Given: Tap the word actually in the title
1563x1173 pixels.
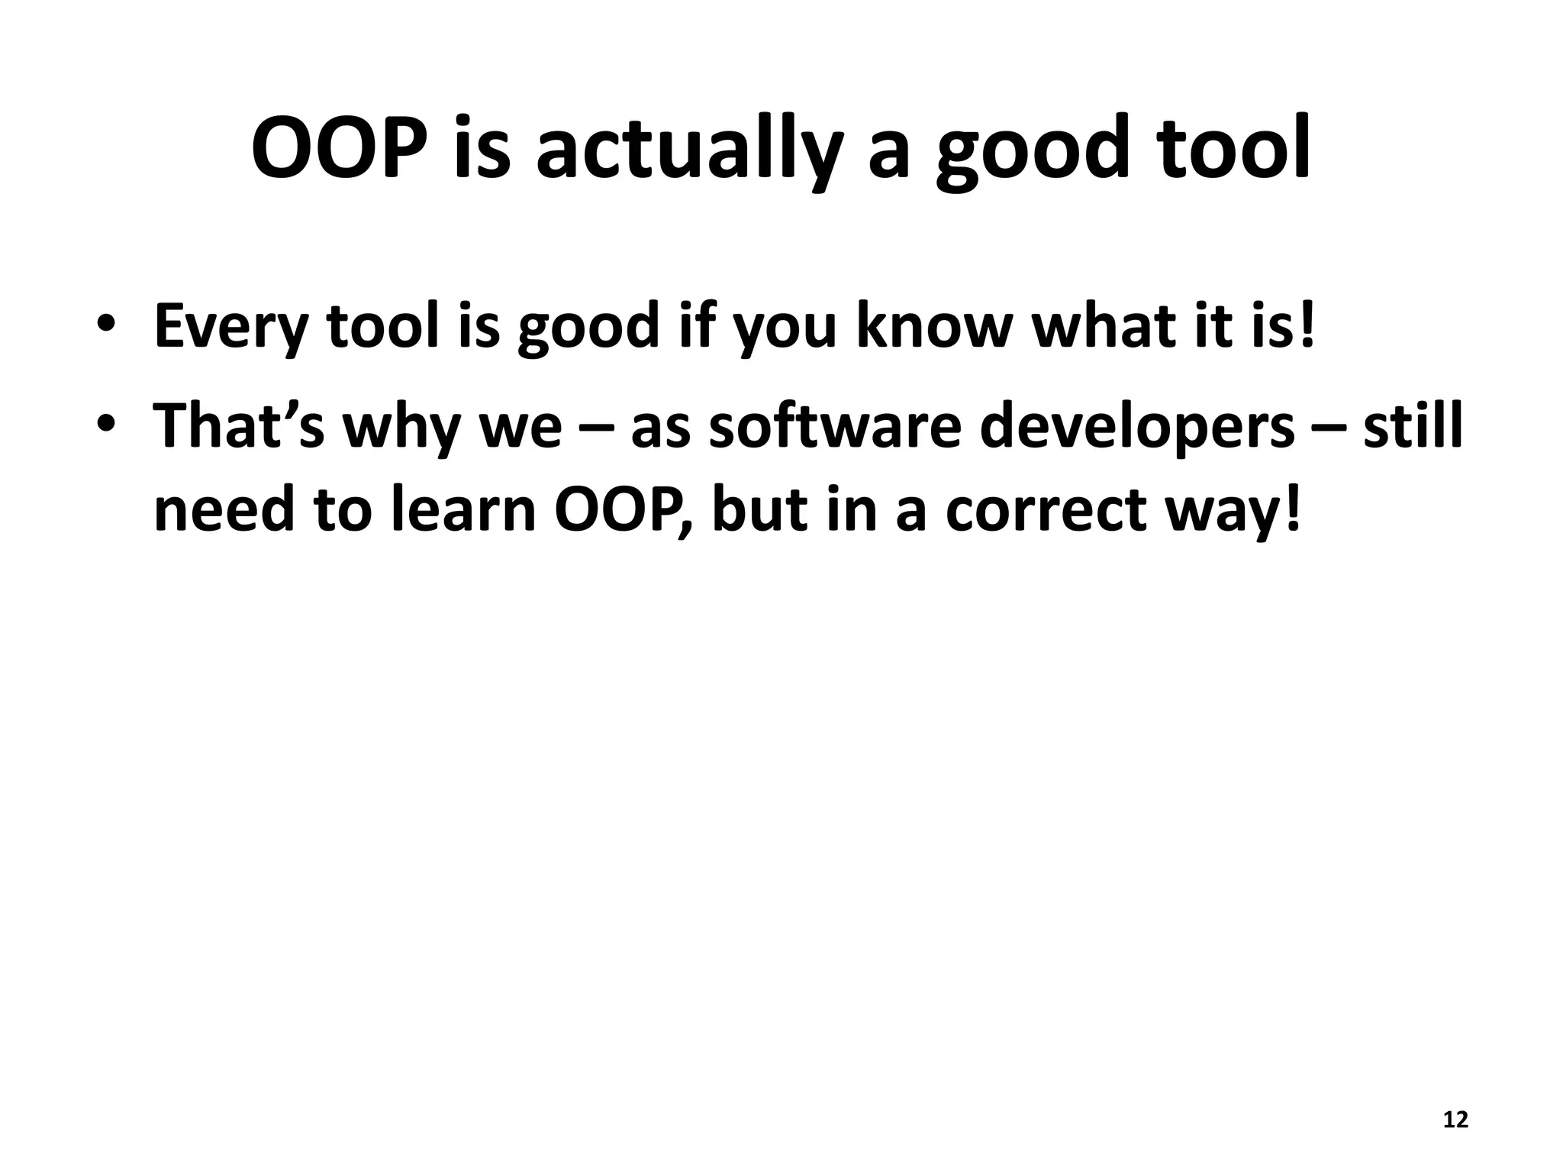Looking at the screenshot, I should pos(689,150).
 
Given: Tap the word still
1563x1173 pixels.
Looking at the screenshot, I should pos(1413,425).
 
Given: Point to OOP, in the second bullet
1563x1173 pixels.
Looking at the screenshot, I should pos(624,511).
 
